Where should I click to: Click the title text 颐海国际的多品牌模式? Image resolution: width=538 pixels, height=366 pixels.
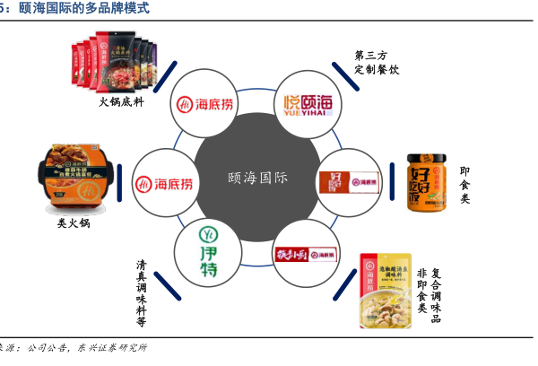(85, 8)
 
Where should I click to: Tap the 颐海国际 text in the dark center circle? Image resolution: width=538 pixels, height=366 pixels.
(257, 178)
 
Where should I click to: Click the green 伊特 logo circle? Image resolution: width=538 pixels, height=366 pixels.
(208, 248)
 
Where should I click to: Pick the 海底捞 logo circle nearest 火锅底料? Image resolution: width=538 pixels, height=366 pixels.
(208, 106)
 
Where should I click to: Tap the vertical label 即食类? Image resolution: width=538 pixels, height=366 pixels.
(464, 184)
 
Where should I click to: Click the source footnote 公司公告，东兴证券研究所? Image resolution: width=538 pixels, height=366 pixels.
(85, 347)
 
